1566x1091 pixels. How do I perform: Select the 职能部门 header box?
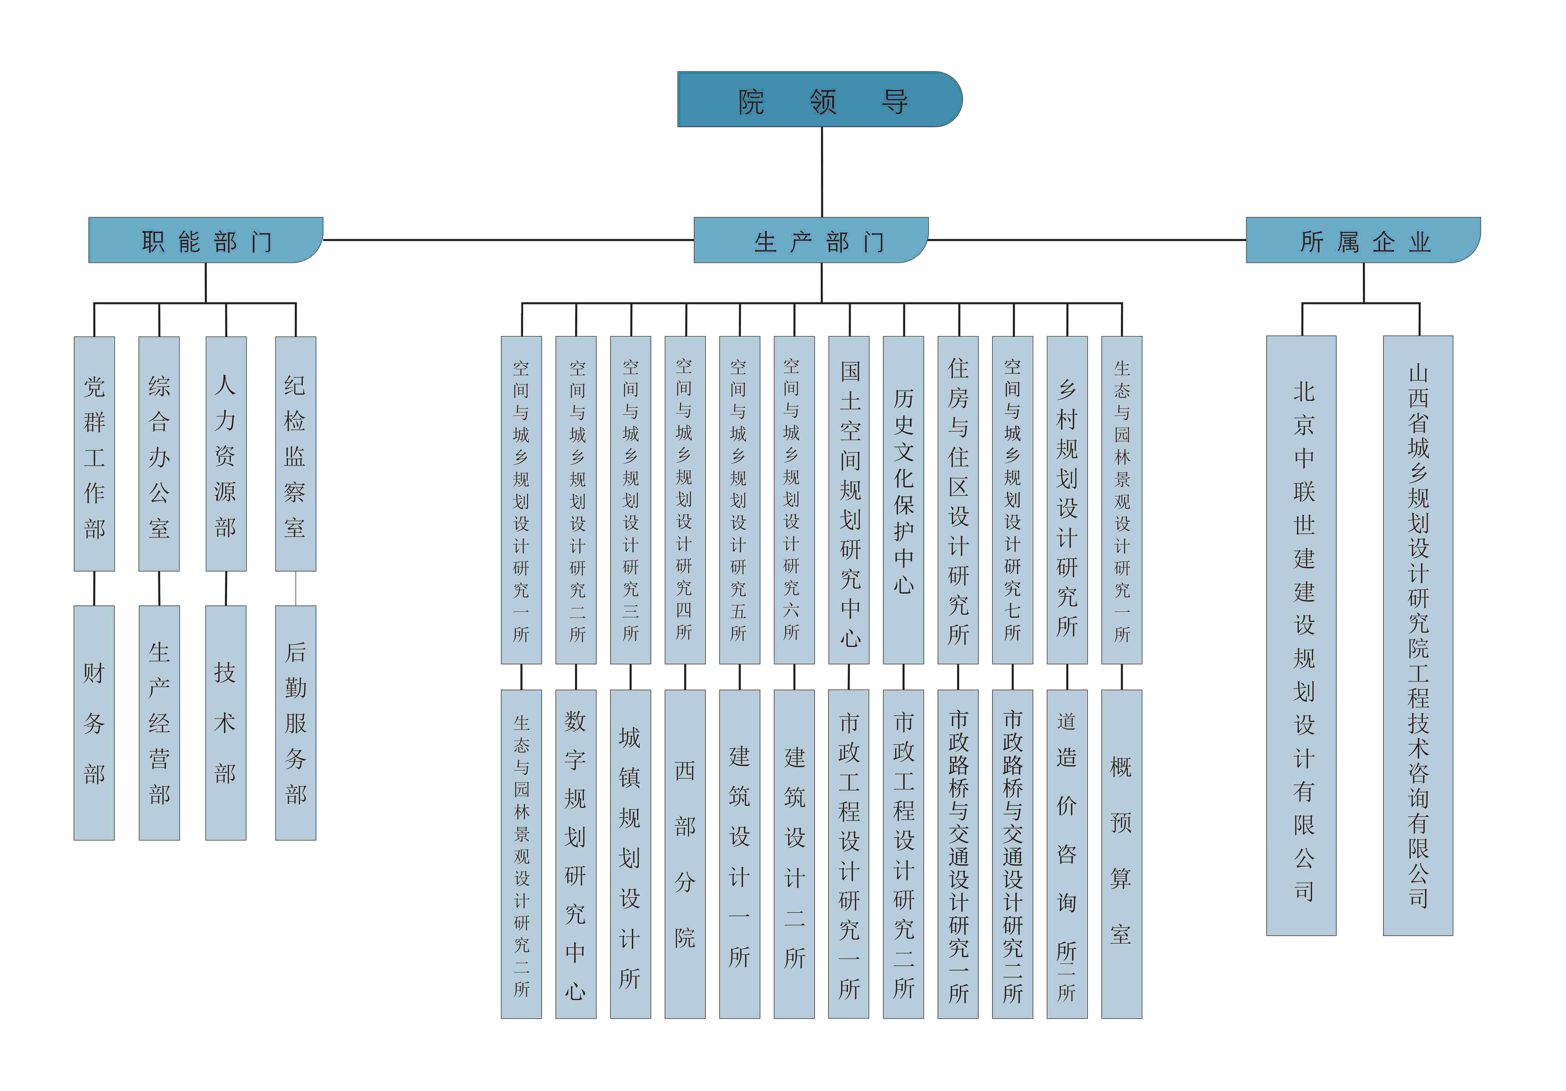(x=205, y=240)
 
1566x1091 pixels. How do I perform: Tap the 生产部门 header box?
(x=810, y=240)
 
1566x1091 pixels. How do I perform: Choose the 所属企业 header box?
(x=1362, y=240)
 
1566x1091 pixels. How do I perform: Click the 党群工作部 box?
(x=94, y=453)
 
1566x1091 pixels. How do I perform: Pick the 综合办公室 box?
(x=159, y=453)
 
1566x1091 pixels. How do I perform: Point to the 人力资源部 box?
(x=226, y=453)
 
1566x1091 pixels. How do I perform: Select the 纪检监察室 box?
(x=295, y=453)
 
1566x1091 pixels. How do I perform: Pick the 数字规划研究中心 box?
(x=576, y=854)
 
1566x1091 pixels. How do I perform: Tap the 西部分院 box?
(x=685, y=854)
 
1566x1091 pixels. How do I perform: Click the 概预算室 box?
(x=1121, y=854)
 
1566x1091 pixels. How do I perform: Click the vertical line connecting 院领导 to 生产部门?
(x=822, y=172)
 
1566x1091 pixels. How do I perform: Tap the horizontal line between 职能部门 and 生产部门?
(x=508, y=240)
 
